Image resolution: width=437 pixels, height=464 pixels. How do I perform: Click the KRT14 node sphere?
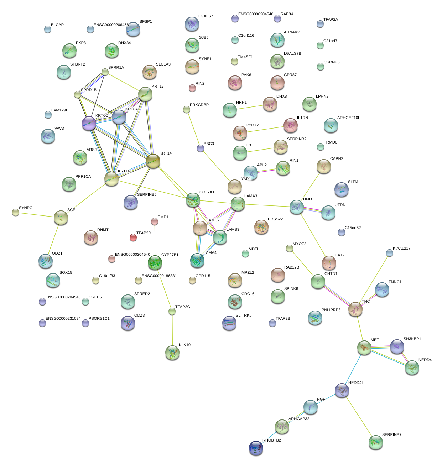[153, 161]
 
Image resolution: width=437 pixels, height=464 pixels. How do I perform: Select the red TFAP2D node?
[133, 237]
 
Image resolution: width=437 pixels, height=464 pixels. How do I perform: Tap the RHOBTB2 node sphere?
[256, 448]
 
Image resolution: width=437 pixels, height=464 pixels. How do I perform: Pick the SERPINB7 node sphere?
[375, 442]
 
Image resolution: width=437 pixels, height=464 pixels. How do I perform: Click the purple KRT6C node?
[89, 123]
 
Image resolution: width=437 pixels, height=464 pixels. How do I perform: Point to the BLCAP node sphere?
[48, 29]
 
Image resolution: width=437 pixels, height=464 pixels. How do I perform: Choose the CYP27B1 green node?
[155, 262]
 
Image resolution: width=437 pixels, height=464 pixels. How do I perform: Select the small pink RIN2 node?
[192, 88]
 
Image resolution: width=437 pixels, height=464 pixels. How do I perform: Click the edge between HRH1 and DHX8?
[250, 107]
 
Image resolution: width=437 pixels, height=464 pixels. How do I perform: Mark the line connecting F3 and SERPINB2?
[260, 149]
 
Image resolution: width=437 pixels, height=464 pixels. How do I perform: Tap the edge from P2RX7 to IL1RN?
[265, 129]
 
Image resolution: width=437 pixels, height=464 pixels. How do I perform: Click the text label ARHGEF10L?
[348, 118]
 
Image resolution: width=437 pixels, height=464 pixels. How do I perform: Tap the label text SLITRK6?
[244, 316]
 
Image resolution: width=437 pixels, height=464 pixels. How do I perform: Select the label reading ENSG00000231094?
[63, 319]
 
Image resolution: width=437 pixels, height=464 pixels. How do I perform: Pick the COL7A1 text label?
[207, 192]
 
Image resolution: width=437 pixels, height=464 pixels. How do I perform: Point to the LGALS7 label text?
[206, 16]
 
